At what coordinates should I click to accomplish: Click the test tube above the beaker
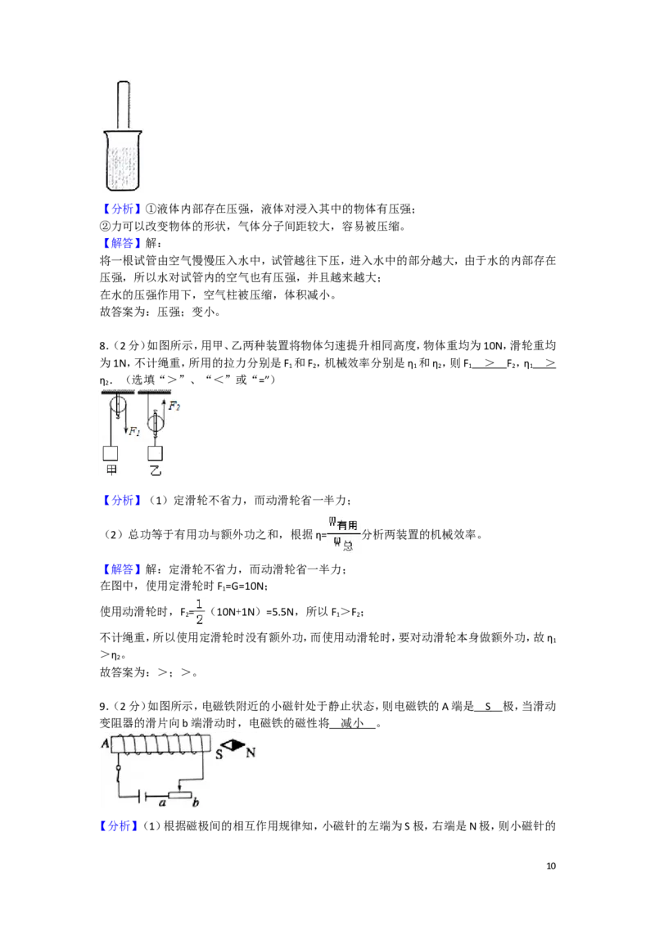(123, 106)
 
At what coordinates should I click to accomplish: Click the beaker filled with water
(123, 160)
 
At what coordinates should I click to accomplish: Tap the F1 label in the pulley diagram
(135, 431)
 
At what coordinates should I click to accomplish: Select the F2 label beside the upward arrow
(174, 406)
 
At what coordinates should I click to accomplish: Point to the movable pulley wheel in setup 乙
(156, 422)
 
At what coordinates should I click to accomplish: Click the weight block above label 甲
(110, 453)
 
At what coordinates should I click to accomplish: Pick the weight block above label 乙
(155, 453)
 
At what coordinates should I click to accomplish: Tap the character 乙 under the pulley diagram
(155, 470)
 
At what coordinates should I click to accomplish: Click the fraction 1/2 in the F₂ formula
(199, 611)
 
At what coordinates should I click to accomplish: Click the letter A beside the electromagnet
(106, 743)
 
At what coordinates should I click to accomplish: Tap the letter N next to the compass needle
(251, 753)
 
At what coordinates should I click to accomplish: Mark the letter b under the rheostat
(195, 802)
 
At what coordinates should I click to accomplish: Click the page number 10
(551, 865)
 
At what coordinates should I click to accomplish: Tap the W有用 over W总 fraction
(343, 534)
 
